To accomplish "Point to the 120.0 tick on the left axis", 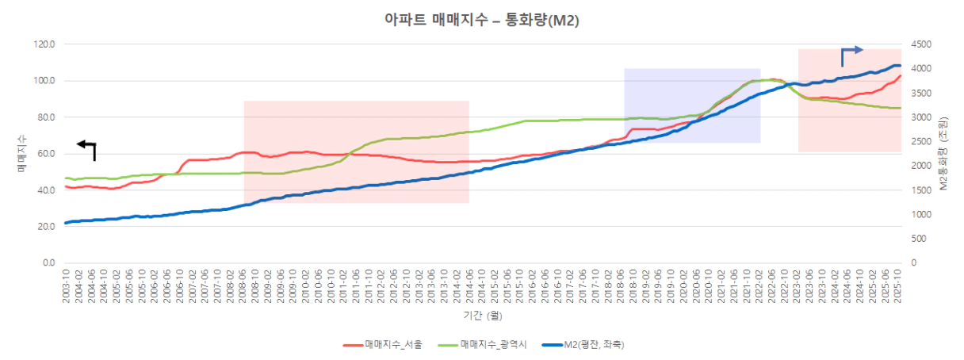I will point(44,44).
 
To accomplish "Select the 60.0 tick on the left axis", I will point(44,154).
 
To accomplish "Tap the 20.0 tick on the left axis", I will point(44,227).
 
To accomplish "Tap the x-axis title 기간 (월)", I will point(481,316).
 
